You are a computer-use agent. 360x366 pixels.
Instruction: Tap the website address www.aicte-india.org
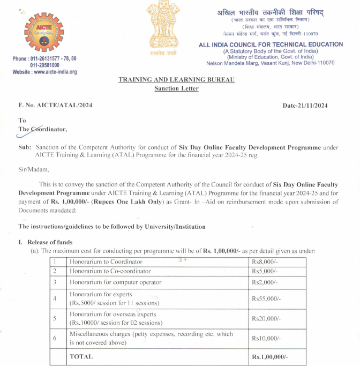tap(44, 71)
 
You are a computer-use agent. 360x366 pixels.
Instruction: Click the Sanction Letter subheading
tap(176, 88)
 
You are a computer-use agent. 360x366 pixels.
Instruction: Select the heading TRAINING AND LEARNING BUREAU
tap(176, 79)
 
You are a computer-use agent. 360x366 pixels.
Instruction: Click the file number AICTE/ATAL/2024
tap(55, 105)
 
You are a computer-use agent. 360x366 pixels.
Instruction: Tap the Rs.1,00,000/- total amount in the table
tap(270, 356)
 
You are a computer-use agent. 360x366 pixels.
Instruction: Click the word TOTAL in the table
tap(81, 356)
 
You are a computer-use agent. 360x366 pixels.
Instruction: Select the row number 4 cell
tap(55, 298)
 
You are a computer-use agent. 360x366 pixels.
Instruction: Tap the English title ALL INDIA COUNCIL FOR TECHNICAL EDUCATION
tap(271, 44)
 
